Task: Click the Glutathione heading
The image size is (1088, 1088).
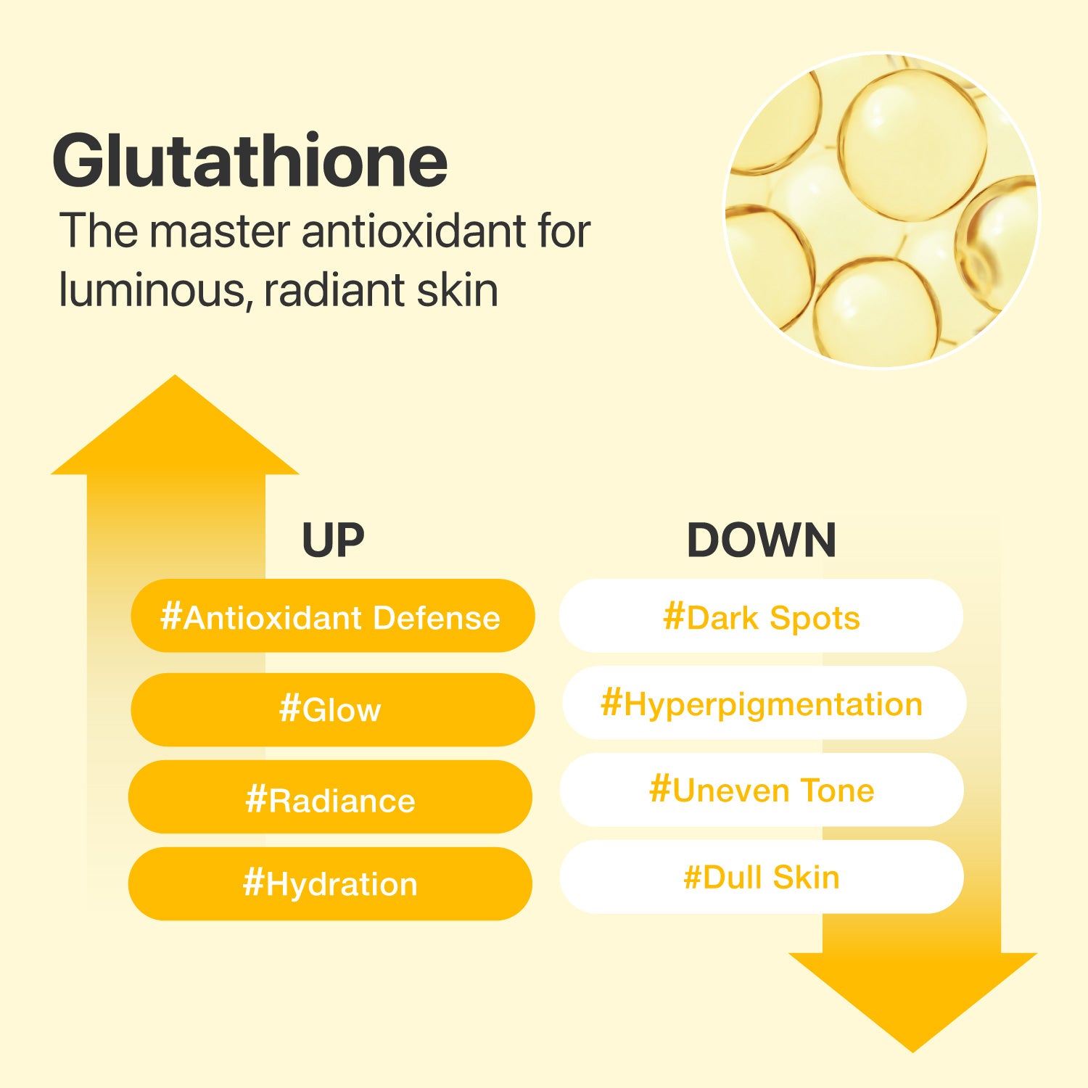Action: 250,162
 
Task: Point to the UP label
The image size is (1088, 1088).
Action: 332,540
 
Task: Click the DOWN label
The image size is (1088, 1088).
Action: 761,540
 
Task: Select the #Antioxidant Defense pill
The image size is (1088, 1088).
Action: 331,617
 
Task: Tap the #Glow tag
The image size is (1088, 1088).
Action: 331,709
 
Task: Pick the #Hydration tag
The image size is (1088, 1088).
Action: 330,883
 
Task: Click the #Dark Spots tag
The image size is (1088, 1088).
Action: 761,617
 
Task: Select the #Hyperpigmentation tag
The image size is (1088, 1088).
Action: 762,704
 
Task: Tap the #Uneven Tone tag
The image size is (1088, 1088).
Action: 762,790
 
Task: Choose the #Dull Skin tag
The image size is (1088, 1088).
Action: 762,877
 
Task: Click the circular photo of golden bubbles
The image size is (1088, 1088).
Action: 881,210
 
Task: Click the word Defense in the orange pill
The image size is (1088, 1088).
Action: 436,617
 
